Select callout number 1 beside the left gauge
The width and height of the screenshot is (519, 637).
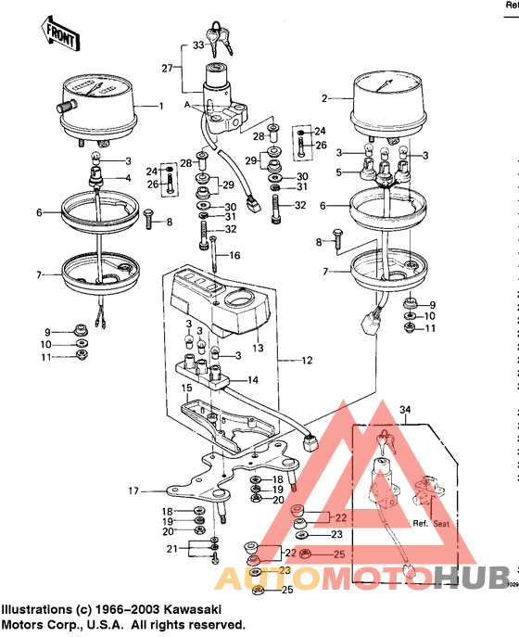pos(162,106)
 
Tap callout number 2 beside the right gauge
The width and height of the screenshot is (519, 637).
pos(325,97)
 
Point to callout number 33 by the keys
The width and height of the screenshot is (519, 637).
pos(197,44)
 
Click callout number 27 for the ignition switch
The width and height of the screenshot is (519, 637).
pos(167,69)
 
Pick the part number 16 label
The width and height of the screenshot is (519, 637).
pos(234,255)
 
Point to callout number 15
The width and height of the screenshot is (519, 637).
pos(185,388)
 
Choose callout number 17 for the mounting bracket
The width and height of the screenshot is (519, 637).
pos(133,490)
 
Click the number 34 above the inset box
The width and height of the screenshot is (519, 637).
pos(403,409)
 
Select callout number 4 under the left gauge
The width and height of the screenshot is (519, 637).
pos(127,177)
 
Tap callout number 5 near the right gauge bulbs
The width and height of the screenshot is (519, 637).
pos(340,172)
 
